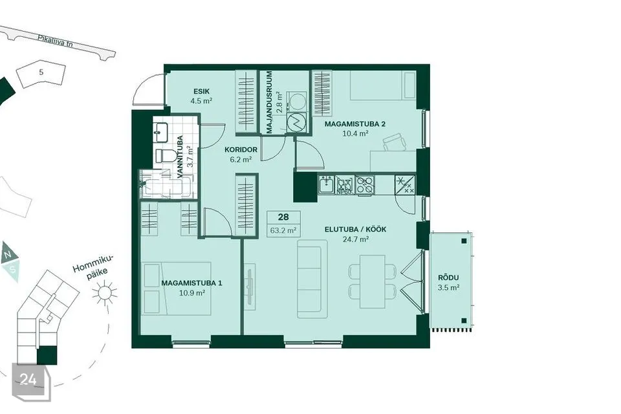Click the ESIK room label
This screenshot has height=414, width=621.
[201, 91]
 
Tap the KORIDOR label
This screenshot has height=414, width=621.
[241, 150]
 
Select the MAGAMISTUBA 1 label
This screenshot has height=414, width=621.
[191, 283]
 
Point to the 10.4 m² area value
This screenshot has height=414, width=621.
[355, 133]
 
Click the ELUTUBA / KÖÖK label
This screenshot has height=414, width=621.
[355, 230]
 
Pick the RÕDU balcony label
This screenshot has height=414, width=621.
[448, 278]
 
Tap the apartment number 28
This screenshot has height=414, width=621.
[283, 217]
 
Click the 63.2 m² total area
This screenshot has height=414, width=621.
[283, 230]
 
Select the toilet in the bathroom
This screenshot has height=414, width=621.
[166, 156]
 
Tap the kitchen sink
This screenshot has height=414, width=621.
[327, 185]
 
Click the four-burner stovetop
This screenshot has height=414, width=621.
[364, 185]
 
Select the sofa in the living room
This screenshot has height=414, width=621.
[312, 279]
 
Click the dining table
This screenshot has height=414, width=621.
[373, 281]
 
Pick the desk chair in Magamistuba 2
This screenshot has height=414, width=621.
[395, 142]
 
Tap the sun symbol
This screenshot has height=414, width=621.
[105, 293]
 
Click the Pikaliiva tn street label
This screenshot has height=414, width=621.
[56, 41]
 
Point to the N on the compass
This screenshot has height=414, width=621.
[7, 254]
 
